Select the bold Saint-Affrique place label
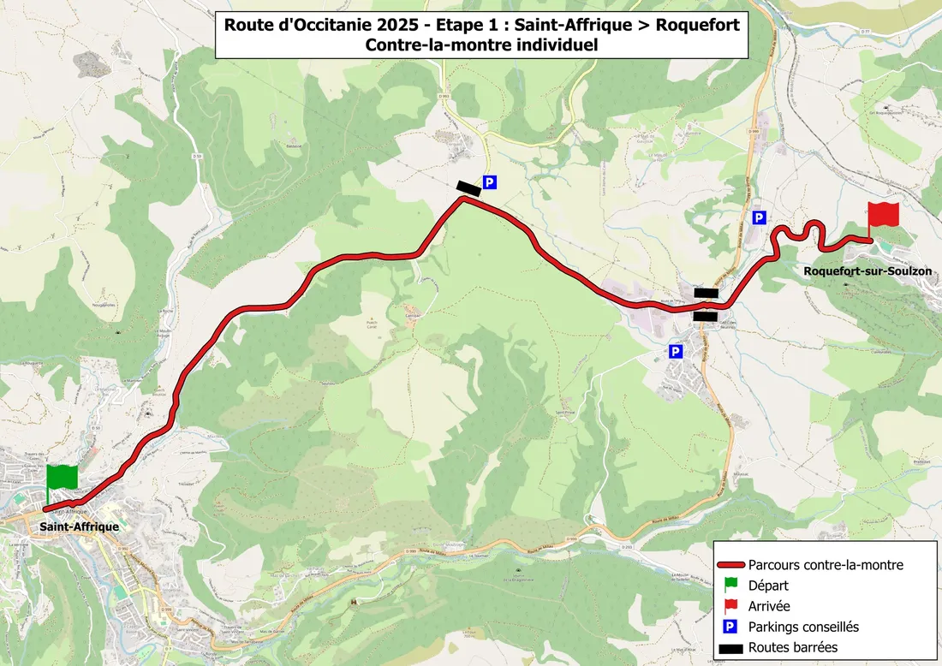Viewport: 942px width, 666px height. [x=79, y=526]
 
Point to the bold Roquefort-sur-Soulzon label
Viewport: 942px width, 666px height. [x=867, y=271]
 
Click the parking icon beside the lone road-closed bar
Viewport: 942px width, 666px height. [x=490, y=182]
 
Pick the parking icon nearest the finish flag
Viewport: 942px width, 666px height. [x=758, y=218]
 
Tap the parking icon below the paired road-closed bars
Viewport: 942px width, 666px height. [x=676, y=351]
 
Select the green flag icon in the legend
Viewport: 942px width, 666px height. [x=730, y=586]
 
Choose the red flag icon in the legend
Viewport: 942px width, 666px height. [x=730, y=606]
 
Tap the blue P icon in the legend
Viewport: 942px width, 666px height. [x=730, y=627]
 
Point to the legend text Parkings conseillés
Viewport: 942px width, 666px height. [x=803, y=627]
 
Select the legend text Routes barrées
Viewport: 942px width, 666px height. [x=793, y=647]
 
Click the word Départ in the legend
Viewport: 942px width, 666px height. [x=768, y=586]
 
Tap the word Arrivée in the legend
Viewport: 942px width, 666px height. [x=769, y=606]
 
